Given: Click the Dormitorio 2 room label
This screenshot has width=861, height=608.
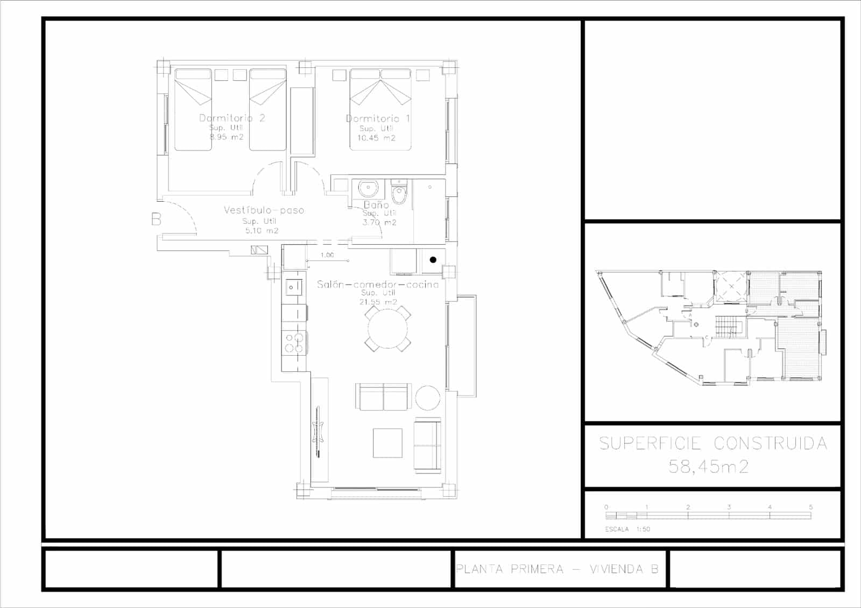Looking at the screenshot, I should pyautogui.click(x=232, y=118).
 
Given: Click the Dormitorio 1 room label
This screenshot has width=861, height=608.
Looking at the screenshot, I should pyautogui.click(x=378, y=118).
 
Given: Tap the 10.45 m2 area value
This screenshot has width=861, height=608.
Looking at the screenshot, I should pyautogui.click(x=376, y=138).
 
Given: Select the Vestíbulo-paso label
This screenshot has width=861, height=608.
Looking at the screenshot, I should pyautogui.click(x=264, y=210).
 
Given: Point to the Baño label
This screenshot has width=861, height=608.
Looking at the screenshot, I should pyautogui.click(x=376, y=204).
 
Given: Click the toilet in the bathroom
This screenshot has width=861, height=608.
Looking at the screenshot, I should pyautogui.click(x=399, y=194).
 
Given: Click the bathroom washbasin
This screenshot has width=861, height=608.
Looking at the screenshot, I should pyautogui.click(x=369, y=189).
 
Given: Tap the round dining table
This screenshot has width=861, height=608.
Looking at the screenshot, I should pyautogui.click(x=386, y=328).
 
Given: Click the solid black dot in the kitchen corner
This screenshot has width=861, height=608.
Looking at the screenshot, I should pyautogui.click(x=433, y=260).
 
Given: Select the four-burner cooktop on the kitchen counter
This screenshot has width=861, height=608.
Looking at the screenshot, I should pyautogui.click(x=294, y=343).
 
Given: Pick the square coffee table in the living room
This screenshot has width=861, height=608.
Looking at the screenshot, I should pyautogui.click(x=387, y=443).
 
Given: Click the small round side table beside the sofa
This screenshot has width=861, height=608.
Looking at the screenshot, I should pyautogui.click(x=428, y=398).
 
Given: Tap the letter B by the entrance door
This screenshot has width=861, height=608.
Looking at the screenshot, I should pyautogui.click(x=156, y=219).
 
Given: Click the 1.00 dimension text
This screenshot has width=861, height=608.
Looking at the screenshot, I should pyautogui.click(x=327, y=255).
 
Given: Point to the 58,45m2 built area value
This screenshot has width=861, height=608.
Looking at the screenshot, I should pyautogui.click(x=708, y=466).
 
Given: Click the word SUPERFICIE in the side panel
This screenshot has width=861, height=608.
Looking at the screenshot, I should pyautogui.click(x=650, y=443).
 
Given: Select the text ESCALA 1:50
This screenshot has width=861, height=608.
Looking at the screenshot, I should pyautogui.click(x=627, y=529).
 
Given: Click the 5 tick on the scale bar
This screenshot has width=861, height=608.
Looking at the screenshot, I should pyautogui.click(x=810, y=507).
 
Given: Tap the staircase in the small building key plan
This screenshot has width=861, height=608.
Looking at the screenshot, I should pyautogui.click(x=728, y=327).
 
